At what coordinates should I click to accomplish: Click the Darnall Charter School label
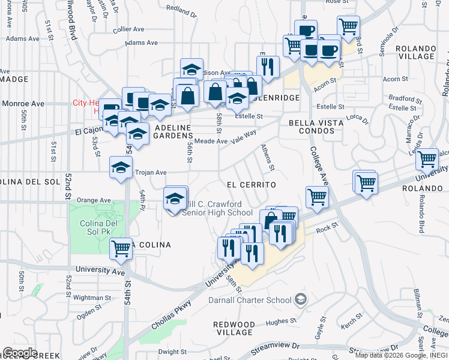pyautogui.click(x=250, y=300)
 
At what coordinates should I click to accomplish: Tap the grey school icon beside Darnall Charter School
pyautogui.click(x=301, y=299)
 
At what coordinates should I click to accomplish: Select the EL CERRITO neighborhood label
pyautogui.click(x=251, y=185)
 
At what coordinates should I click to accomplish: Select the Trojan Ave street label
pyautogui.click(x=151, y=172)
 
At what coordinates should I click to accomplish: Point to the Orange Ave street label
pyautogui.click(x=94, y=200)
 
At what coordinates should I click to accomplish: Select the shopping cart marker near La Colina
pyautogui.click(x=121, y=248)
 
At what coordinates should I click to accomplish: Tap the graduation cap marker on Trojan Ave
pyautogui.click(x=121, y=168)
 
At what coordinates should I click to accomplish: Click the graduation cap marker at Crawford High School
pyautogui.click(x=175, y=199)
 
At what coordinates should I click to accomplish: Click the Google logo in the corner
pyautogui.click(x=20, y=353)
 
